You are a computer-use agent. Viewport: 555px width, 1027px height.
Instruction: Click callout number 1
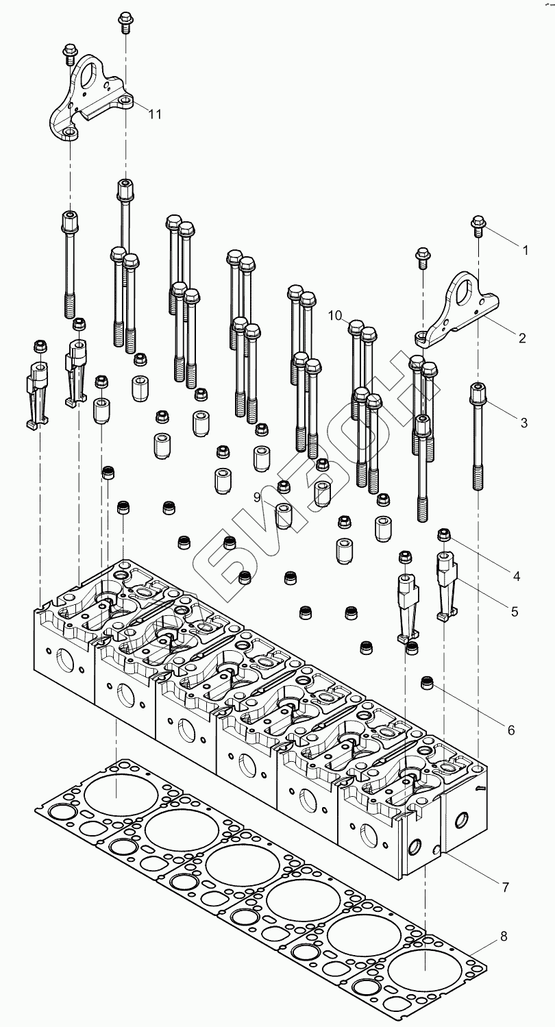pyautogui.click(x=525, y=251)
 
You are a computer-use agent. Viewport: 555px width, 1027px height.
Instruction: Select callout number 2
pyautogui.click(x=521, y=338)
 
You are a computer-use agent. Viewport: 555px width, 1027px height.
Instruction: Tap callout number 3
pyautogui.click(x=524, y=423)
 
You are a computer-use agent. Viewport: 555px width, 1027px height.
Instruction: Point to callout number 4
pyautogui.click(x=516, y=576)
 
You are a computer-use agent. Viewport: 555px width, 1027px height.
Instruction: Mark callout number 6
pyautogui.click(x=511, y=730)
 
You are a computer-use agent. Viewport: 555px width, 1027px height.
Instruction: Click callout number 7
pyautogui.click(x=505, y=887)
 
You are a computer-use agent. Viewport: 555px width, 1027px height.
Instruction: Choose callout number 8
pyautogui.click(x=504, y=937)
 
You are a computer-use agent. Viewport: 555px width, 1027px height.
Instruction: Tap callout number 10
pyautogui.click(x=334, y=315)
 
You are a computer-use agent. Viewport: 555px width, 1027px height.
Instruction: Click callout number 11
pyautogui.click(x=156, y=114)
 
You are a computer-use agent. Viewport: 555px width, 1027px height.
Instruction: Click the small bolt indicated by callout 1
pyautogui.click(x=478, y=224)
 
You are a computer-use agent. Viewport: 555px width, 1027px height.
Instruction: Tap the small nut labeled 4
pyautogui.click(x=444, y=534)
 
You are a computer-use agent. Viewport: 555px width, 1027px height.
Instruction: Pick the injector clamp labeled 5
pyautogui.click(x=446, y=582)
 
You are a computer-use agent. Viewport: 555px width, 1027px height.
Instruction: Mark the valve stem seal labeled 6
pyautogui.click(x=429, y=682)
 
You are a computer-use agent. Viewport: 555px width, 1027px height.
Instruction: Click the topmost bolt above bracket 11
pyautogui.click(x=125, y=20)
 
